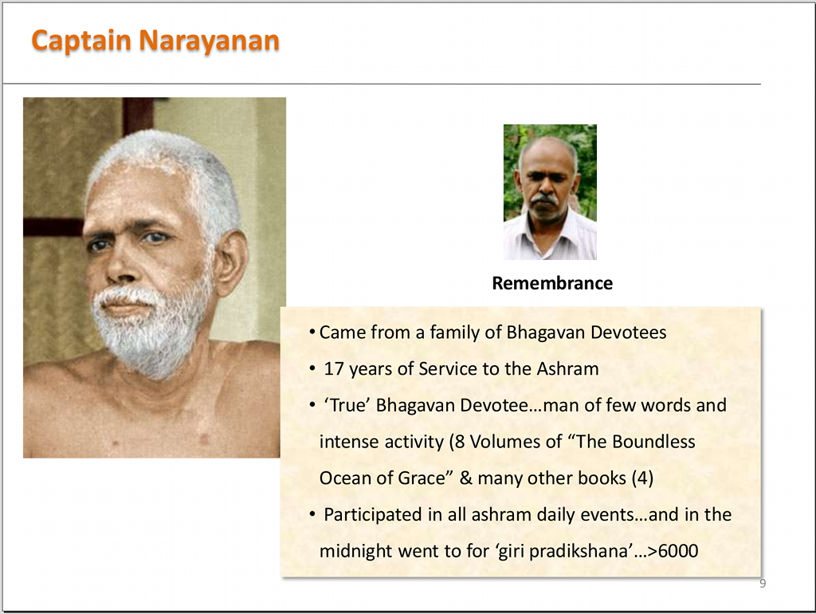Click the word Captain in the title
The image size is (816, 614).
pyautogui.click(x=80, y=41)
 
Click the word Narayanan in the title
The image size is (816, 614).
pyautogui.click(x=210, y=41)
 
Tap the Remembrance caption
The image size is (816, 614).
pyautogui.click(x=552, y=283)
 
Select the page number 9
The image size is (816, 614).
pyautogui.click(x=763, y=583)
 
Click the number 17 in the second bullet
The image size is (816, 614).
pyautogui.click(x=334, y=368)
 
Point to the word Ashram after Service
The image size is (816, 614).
pyautogui.click(x=567, y=368)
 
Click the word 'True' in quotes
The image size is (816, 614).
pyautogui.click(x=347, y=405)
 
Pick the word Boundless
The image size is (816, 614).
pyautogui.click(x=653, y=442)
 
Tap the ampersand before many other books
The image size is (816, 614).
pyautogui.click(x=465, y=478)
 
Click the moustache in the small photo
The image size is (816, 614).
pyautogui.click(x=543, y=199)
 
